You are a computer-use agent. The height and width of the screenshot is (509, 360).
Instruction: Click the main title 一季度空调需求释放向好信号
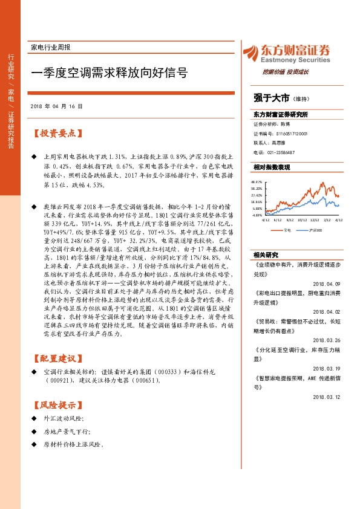(109, 73)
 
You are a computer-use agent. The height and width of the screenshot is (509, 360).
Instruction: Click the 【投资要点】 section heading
(58, 133)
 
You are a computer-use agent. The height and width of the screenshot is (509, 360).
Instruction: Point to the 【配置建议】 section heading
(58, 358)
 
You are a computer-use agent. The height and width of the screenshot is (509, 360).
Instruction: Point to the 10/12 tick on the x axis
(303, 204)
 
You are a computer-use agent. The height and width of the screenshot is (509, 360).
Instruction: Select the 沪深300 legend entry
(315, 213)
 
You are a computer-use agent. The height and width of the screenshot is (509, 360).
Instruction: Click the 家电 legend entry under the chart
(287, 213)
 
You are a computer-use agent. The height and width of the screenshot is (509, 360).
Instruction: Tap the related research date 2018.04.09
(327, 266)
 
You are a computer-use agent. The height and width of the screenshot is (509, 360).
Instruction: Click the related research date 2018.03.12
(327, 397)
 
